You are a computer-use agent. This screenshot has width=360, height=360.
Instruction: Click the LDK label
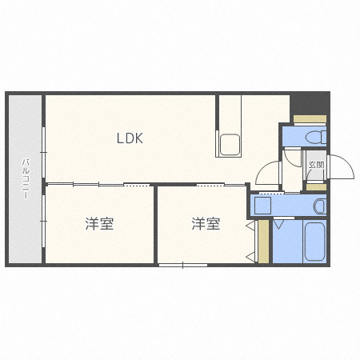(129, 138)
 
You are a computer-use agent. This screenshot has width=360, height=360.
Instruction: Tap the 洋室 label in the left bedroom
(99, 224)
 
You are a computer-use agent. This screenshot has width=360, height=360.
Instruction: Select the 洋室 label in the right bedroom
(206, 224)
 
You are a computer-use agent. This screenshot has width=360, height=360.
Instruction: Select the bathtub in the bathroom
(314, 242)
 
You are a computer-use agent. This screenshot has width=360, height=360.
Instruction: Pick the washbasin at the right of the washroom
(319, 206)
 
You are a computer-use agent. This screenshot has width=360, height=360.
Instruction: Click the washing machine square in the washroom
(262, 206)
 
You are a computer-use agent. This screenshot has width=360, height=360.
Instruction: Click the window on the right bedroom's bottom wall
(182, 265)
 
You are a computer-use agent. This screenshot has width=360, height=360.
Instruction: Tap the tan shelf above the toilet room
(309, 120)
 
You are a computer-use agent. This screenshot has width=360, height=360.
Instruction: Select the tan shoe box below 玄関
(317, 187)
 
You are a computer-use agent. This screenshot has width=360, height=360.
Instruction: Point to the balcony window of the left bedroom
(44, 224)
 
